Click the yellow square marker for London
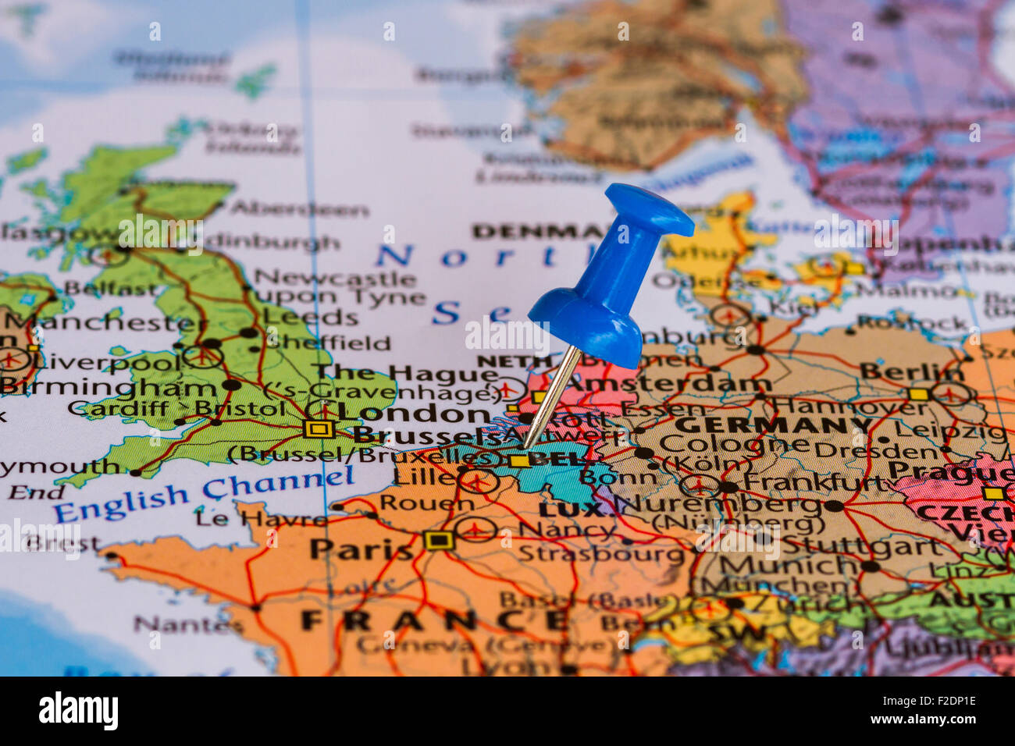pyautogui.click(x=318, y=428)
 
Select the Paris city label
pyautogui.click(x=361, y=549)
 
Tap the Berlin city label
pyautogui.click(x=911, y=372)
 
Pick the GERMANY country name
pyautogui.click(x=774, y=425)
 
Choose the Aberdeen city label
pyautogui.click(x=299, y=209)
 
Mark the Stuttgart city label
pyautogui.click(x=862, y=546)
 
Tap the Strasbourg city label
pyautogui.click(x=601, y=553)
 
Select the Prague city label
pyautogui.click(x=950, y=471)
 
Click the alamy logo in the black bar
pyautogui.click(x=78, y=711)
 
